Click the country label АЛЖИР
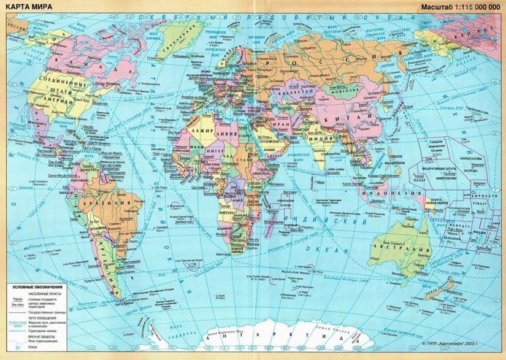(202, 132)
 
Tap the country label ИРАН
(291, 122)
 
